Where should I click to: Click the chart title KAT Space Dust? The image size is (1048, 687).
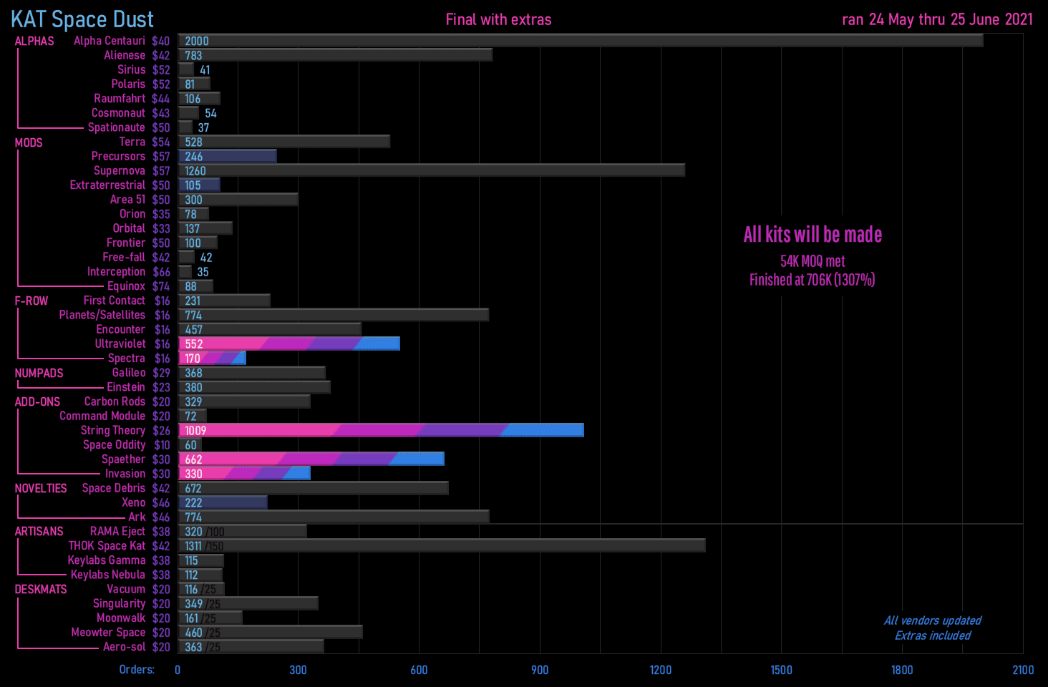click(x=82, y=19)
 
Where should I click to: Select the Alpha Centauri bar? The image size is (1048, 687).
click(x=580, y=41)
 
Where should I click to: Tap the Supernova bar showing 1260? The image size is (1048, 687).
click(x=431, y=170)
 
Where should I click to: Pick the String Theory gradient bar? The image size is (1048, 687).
click(x=381, y=430)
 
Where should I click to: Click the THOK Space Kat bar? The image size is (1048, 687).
click(x=442, y=546)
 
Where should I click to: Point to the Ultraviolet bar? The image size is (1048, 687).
click(x=289, y=343)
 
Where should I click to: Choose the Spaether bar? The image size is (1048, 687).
click(x=311, y=459)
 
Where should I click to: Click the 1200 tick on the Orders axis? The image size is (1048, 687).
click(x=660, y=670)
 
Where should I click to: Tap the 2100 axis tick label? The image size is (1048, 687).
click(x=1022, y=670)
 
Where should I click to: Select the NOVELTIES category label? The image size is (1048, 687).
click(x=41, y=488)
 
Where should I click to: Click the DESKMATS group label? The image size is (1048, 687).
click(x=41, y=589)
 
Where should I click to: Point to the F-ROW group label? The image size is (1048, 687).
click(x=31, y=301)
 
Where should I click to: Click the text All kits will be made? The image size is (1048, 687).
click(x=812, y=235)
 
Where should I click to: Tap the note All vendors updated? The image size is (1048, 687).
click(x=932, y=620)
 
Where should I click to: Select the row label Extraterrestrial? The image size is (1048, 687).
click(x=107, y=185)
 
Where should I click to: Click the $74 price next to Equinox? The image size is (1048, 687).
click(x=161, y=286)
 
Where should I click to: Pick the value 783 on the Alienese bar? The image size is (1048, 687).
click(x=193, y=55)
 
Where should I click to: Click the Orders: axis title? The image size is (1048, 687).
click(x=137, y=670)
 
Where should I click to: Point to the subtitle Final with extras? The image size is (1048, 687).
click(x=498, y=19)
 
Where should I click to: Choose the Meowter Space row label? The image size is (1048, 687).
click(x=108, y=633)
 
